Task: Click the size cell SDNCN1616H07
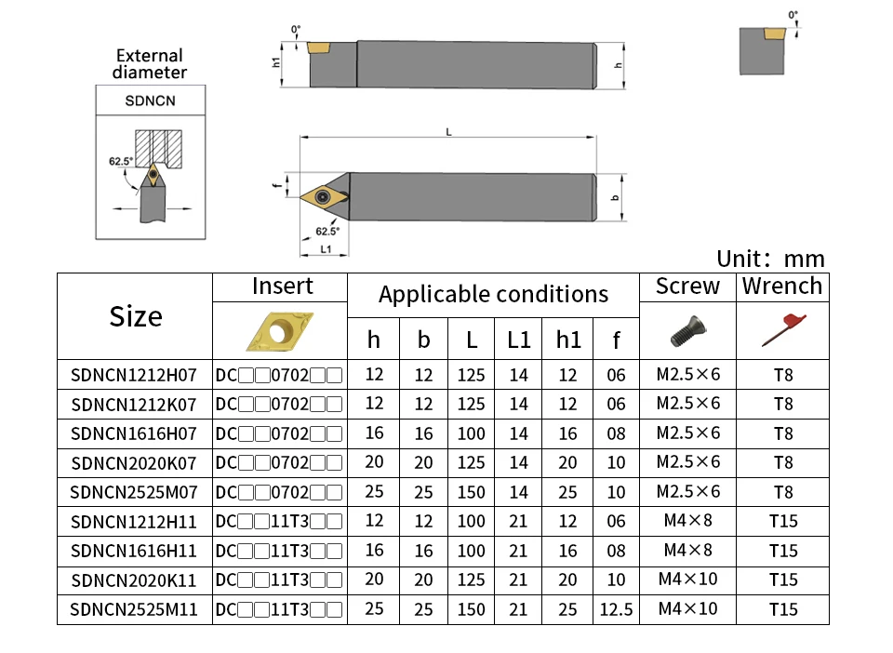[134, 433]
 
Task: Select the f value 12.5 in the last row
[616, 609]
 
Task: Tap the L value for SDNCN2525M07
[471, 492]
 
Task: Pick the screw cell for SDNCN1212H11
[687, 521]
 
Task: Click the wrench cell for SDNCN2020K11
[783, 580]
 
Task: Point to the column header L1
[518, 340]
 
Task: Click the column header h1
[567, 340]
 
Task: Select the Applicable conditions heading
[493, 294]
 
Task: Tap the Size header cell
[136, 316]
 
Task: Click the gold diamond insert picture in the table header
[280, 331]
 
